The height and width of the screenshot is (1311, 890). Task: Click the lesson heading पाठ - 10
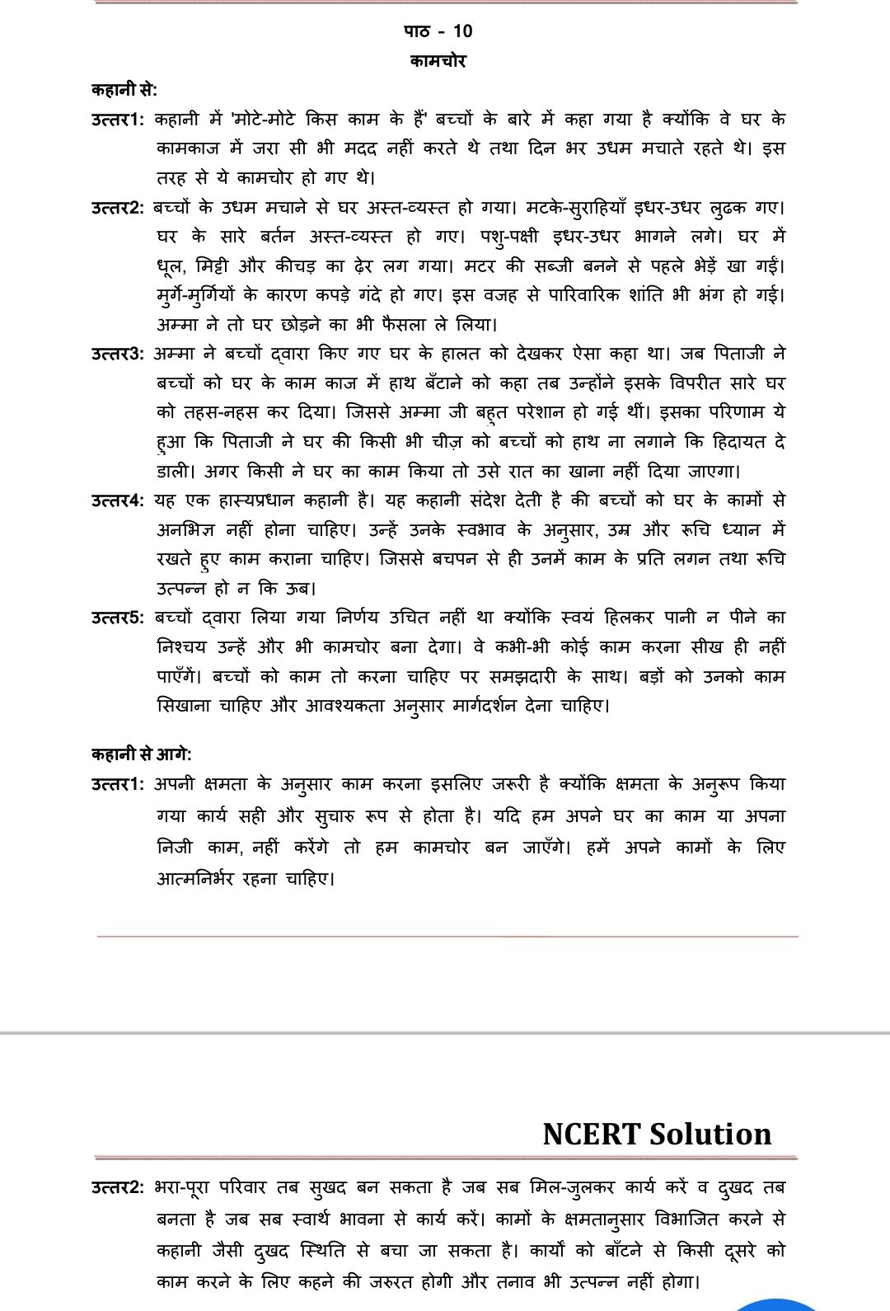click(x=438, y=31)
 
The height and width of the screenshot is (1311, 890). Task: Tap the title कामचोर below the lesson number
click(x=438, y=61)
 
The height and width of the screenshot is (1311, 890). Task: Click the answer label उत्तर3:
click(x=118, y=354)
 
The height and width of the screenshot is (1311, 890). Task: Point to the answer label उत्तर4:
click(x=118, y=500)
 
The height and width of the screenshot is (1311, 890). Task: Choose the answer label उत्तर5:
click(x=118, y=618)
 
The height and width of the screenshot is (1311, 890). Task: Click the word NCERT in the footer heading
click(x=590, y=1134)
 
